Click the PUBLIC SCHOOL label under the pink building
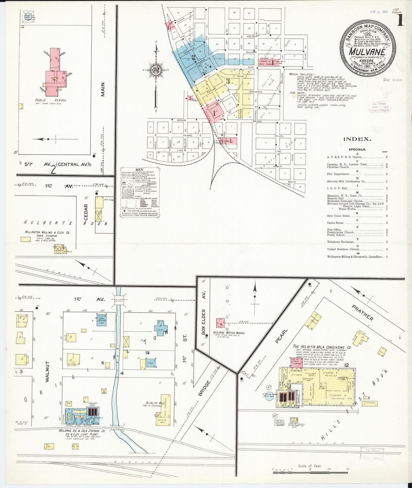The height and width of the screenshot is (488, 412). [50, 100]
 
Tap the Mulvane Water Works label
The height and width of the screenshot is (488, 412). [229, 333]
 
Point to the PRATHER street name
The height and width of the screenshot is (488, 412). [362, 313]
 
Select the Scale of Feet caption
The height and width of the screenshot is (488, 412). [310, 466]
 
